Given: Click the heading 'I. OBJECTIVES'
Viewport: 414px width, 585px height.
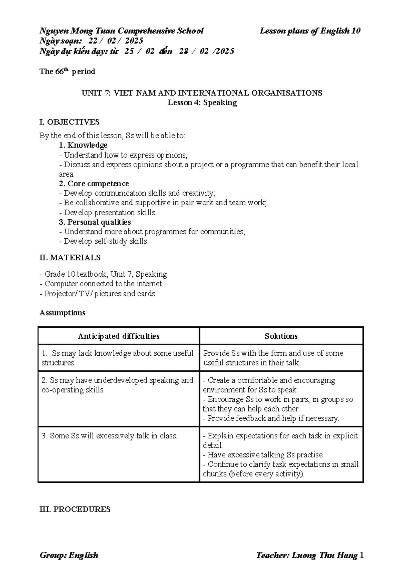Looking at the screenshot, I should [69, 122].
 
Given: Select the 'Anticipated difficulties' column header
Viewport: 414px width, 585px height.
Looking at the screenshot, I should [118, 336].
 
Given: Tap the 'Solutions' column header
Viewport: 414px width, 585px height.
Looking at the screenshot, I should [281, 336].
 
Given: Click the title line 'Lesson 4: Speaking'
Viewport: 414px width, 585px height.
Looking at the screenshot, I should [202, 103].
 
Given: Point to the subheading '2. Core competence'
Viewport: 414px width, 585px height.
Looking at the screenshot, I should [94, 184].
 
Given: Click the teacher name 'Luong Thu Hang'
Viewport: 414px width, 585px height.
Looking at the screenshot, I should [324, 555].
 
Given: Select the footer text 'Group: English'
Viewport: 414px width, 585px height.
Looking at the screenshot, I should [69, 555].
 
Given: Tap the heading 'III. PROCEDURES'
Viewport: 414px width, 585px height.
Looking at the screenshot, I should [75, 509].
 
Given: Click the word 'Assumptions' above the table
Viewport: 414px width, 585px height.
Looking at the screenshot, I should [62, 313].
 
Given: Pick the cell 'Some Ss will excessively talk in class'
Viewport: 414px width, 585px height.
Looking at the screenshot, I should [109, 436].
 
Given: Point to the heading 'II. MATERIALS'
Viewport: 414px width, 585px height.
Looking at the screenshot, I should [70, 258].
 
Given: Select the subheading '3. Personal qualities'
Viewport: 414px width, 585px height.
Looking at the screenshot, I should [95, 222].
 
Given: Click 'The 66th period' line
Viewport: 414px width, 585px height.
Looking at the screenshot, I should [67, 72].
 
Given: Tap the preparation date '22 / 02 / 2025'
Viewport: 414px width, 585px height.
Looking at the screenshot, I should [116, 41].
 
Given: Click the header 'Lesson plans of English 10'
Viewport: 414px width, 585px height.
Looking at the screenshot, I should [310, 31].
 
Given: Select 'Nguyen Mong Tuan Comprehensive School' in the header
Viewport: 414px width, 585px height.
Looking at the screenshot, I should [121, 31].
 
